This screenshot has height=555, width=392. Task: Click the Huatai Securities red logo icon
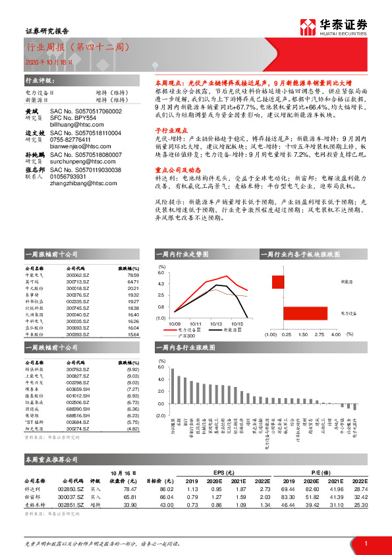308,27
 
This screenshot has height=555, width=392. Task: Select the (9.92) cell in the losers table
132,370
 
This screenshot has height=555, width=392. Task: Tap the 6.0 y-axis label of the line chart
160,272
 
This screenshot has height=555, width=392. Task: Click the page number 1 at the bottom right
364,543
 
